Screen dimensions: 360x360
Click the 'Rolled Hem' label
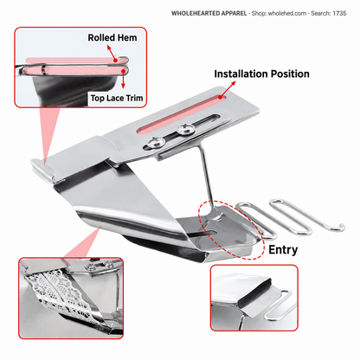(x=112, y=38)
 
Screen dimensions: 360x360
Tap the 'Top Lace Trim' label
(x=117, y=98)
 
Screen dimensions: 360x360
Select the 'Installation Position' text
(x=261, y=74)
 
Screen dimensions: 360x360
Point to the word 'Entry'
(x=283, y=250)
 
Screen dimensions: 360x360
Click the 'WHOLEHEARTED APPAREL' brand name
(x=209, y=13)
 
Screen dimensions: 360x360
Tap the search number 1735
(x=339, y=13)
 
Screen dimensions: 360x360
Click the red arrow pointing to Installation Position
(x=228, y=89)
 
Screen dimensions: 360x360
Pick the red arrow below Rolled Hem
(x=112, y=54)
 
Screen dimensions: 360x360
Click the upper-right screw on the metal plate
(x=185, y=129)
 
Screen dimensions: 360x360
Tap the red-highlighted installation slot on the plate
(x=181, y=115)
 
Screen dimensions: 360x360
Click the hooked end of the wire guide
(x=341, y=228)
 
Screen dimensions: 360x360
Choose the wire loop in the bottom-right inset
(x=278, y=305)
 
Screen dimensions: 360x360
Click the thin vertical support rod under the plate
(x=206, y=174)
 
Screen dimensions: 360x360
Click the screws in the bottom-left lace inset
(x=100, y=265)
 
